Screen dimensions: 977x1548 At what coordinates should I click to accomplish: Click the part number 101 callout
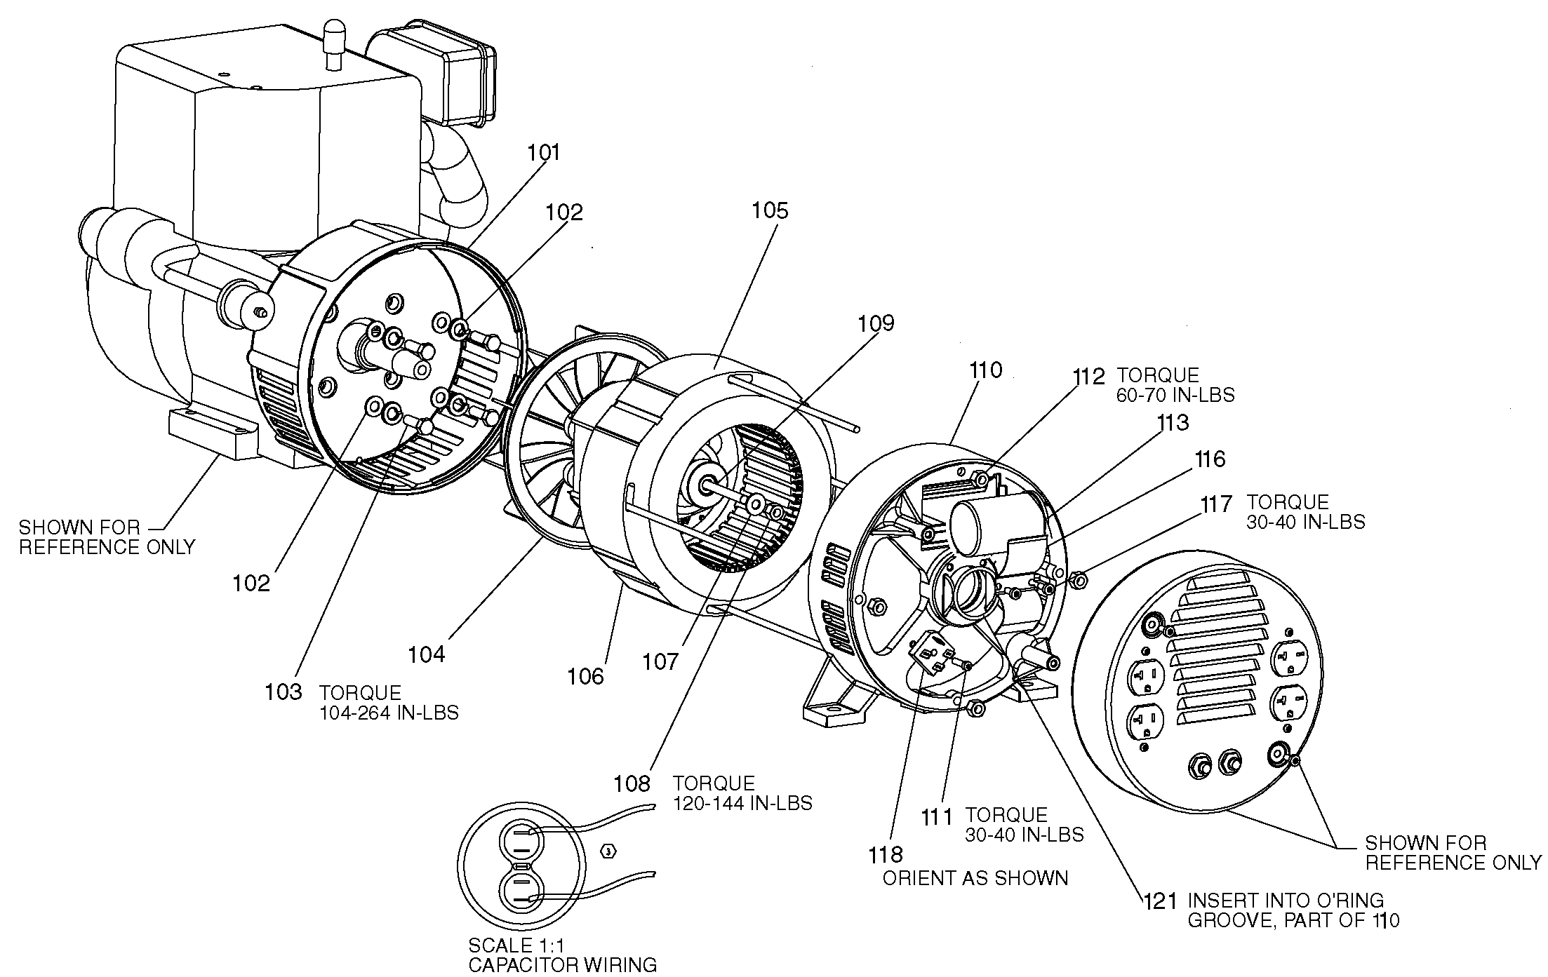pyautogui.click(x=545, y=153)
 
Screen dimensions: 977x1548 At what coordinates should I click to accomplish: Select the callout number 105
pyautogui.click(x=770, y=210)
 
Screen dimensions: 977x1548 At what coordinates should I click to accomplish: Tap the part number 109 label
pyautogui.click(x=876, y=323)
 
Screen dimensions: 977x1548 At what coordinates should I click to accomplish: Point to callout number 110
pyautogui.click(x=985, y=370)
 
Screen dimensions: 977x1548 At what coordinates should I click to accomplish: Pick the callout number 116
pyautogui.click(x=1210, y=459)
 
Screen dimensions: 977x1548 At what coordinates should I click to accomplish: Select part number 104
pyautogui.click(x=427, y=654)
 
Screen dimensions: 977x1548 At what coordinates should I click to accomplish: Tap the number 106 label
pyautogui.click(x=585, y=676)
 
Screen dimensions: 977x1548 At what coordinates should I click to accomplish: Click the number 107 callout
pyautogui.click(x=661, y=661)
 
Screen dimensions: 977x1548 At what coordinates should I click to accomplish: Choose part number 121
pyautogui.click(x=1159, y=901)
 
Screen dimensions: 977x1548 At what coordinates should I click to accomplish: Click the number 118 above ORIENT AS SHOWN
pyautogui.click(x=885, y=855)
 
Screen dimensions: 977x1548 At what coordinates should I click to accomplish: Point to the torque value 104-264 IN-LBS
pyautogui.click(x=389, y=713)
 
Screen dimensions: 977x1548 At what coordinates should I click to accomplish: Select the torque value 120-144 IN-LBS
pyautogui.click(x=742, y=803)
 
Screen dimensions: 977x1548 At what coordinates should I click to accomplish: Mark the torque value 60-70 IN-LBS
pyautogui.click(x=1175, y=395)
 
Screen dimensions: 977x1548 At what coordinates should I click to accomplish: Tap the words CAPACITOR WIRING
pyautogui.click(x=563, y=966)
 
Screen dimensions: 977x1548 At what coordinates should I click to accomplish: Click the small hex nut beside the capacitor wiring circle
pyautogui.click(x=609, y=851)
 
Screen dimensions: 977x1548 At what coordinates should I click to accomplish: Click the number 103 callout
pyautogui.click(x=283, y=692)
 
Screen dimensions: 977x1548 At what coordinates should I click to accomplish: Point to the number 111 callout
pyautogui.click(x=937, y=818)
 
